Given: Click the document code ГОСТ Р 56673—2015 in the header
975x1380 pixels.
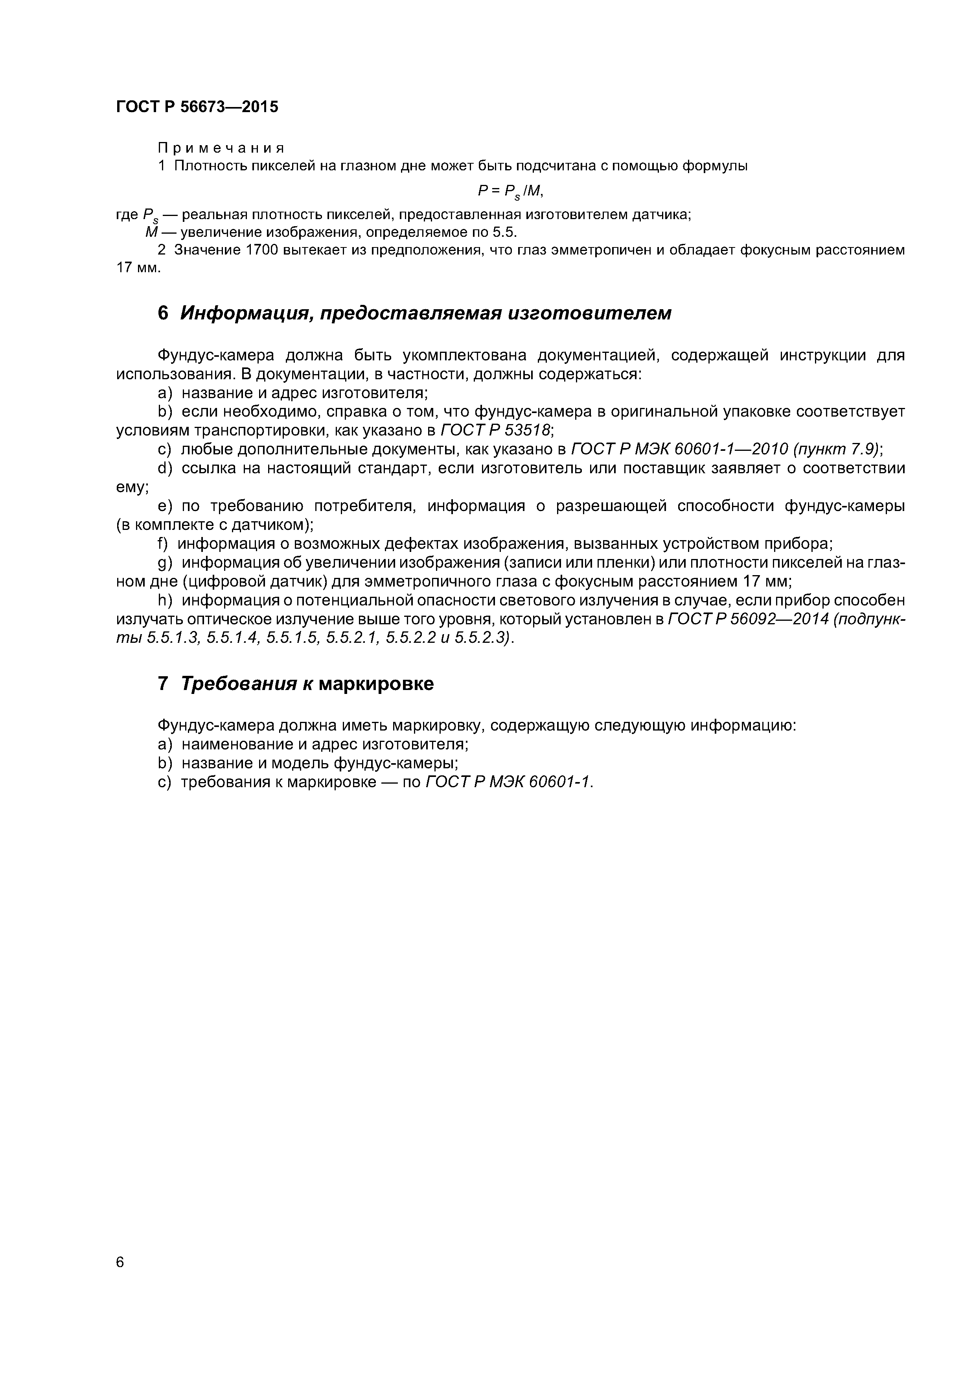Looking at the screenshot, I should [197, 107].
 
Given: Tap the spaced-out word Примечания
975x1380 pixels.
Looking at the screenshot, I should [221, 148].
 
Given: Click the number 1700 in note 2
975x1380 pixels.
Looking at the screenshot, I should [263, 250].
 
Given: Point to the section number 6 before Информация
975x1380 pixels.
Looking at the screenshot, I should [163, 313].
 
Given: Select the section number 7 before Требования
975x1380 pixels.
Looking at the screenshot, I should [163, 684].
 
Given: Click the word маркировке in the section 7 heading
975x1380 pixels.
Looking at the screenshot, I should [375, 684].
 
